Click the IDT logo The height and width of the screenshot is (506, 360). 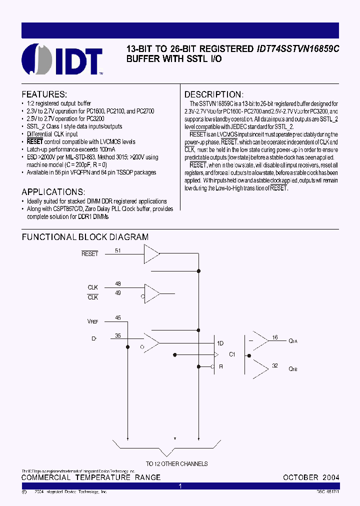[63, 59]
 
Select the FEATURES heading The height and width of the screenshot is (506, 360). [44, 94]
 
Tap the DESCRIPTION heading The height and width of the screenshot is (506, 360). [213, 94]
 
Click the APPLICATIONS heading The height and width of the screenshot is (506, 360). [53, 192]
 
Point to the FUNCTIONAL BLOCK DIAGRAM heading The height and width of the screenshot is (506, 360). [85, 237]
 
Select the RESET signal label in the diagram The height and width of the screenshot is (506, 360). [89, 254]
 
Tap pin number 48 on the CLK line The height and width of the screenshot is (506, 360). [117, 283]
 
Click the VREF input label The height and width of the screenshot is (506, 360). [92, 320]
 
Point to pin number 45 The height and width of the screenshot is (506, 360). [117, 317]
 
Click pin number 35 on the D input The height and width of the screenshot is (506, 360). [117, 335]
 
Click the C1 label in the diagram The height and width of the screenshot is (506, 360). [232, 354]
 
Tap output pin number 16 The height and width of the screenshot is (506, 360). [274, 337]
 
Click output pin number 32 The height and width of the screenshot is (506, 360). [274, 366]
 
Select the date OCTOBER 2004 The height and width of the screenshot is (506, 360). [311, 477]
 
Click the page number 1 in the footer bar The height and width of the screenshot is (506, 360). [180, 486]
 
